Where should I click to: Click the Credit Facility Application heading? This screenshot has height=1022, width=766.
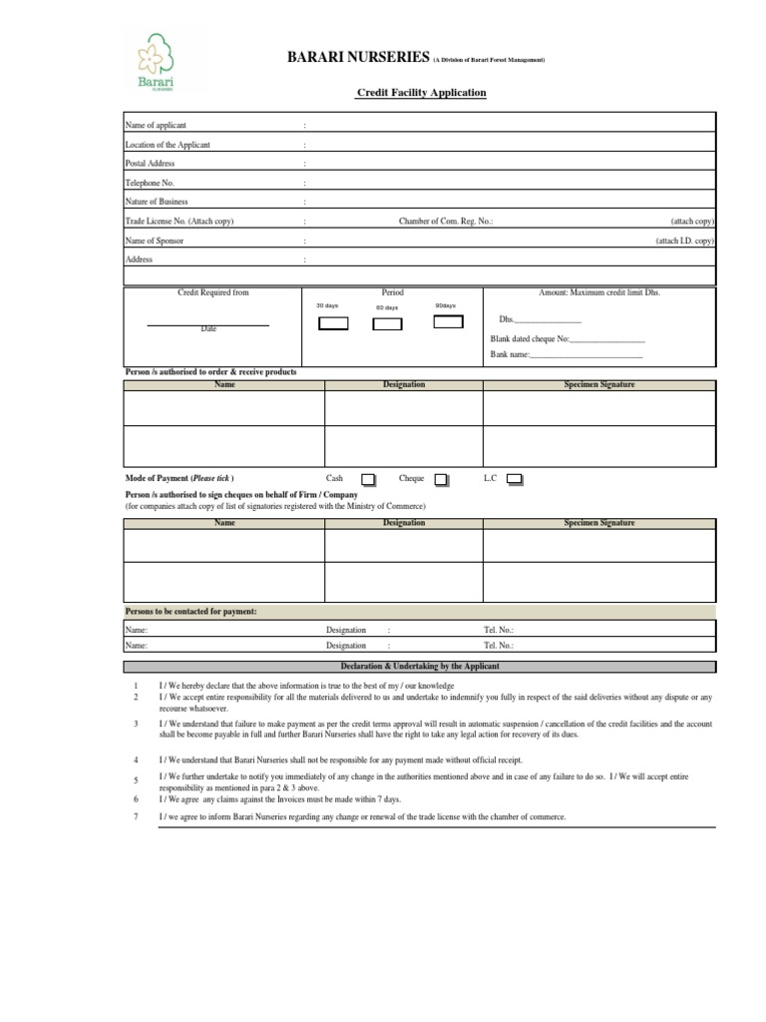coord(422,93)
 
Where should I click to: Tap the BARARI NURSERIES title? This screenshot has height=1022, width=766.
coord(344,59)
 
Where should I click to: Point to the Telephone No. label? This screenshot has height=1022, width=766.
coord(149,183)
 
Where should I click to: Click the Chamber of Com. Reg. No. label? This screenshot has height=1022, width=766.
coord(446,221)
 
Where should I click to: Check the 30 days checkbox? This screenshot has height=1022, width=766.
coord(332,323)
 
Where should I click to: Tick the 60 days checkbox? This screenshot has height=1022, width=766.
coord(387,323)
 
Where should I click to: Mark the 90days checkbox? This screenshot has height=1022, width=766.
coord(449,321)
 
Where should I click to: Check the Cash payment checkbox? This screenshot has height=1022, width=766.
coord(368,480)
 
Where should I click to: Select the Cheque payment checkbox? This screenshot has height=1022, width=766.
coord(441,480)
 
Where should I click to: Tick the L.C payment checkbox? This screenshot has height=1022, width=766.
coord(515,480)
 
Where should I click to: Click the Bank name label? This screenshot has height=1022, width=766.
coord(509,355)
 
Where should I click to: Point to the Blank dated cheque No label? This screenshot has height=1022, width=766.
coord(530,338)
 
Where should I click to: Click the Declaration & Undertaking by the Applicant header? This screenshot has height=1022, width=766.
coord(419,666)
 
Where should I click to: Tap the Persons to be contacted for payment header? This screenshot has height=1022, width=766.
coord(191,611)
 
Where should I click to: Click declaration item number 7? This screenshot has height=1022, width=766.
coord(136,816)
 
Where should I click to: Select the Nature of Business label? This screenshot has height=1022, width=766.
coord(156,202)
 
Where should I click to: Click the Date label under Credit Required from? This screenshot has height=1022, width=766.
coord(208,328)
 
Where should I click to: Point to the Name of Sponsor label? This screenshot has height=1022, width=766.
coord(154,241)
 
